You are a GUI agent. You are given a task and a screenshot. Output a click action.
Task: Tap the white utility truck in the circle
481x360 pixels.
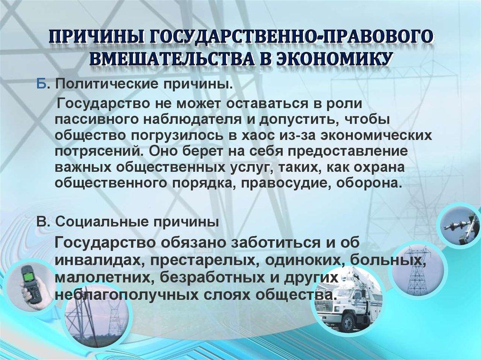(x=345, y=303)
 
